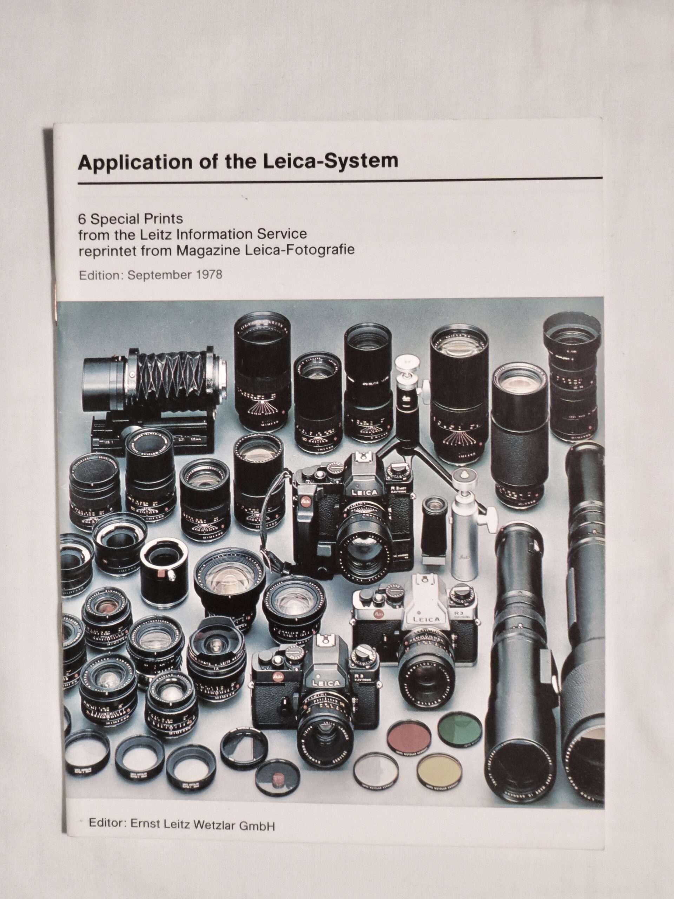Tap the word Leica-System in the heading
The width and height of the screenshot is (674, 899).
[x=330, y=161]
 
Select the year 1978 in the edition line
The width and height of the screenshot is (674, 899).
[x=209, y=275]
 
